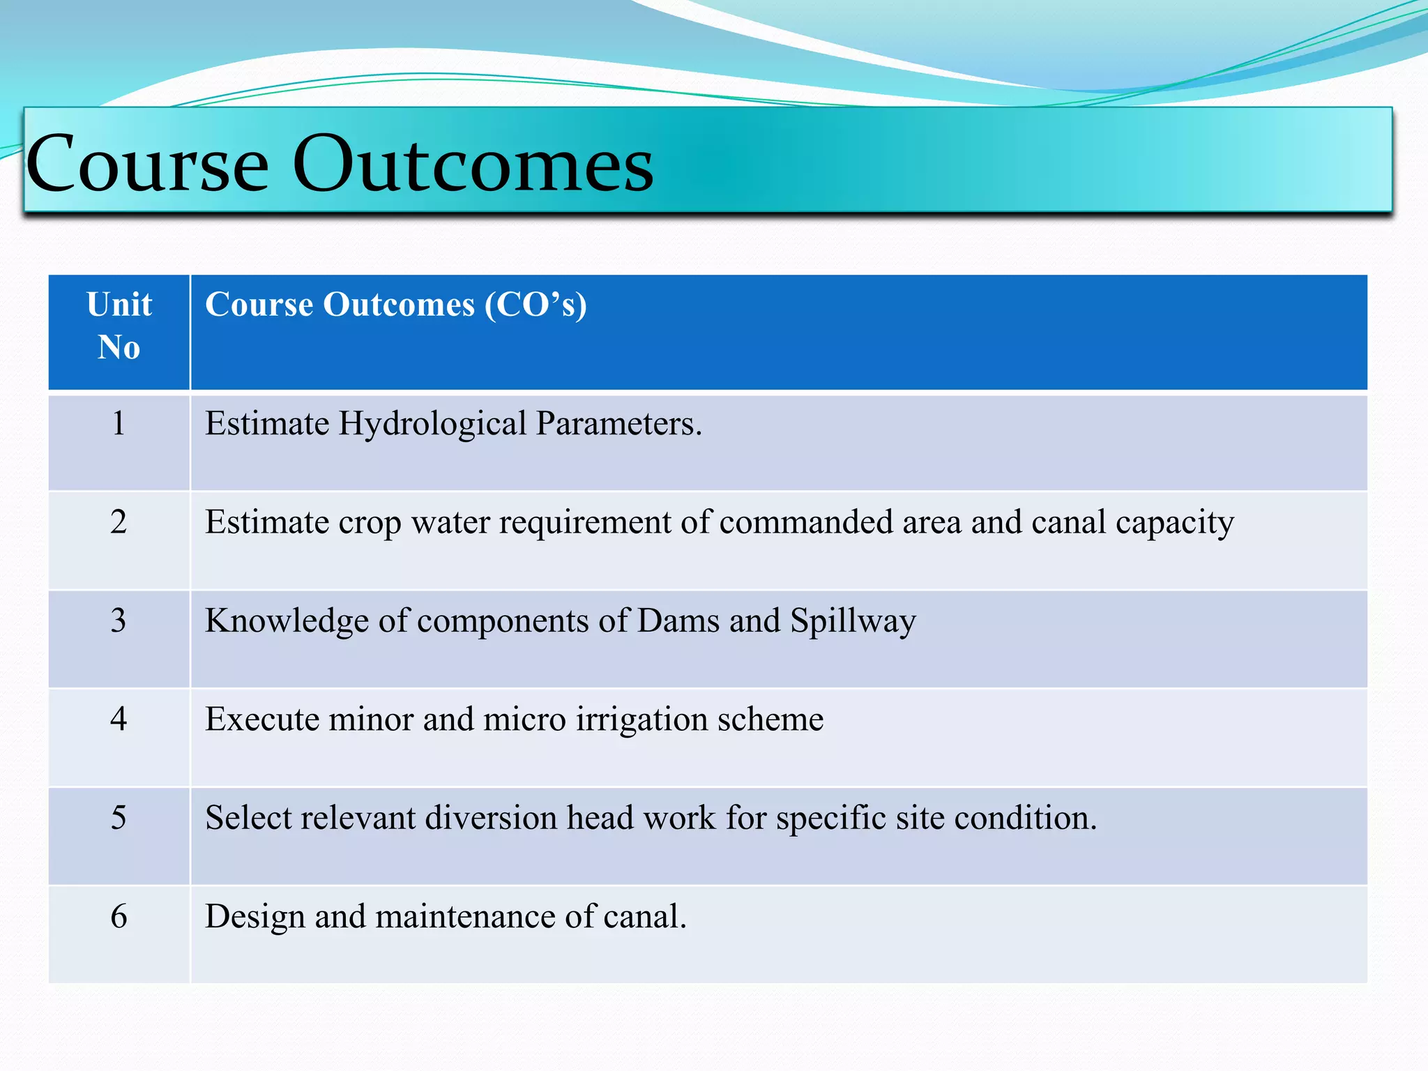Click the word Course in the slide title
click(147, 165)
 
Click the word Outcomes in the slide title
click(473, 165)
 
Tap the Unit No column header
click(119, 326)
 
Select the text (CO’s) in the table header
click(535, 305)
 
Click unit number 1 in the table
click(119, 423)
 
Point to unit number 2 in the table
click(119, 522)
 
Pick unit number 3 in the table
click(119, 620)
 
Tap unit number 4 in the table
click(119, 718)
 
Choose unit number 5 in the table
click(119, 817)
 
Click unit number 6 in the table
click(119, 916)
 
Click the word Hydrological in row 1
click(432, 424)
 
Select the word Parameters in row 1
click(618, 424)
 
